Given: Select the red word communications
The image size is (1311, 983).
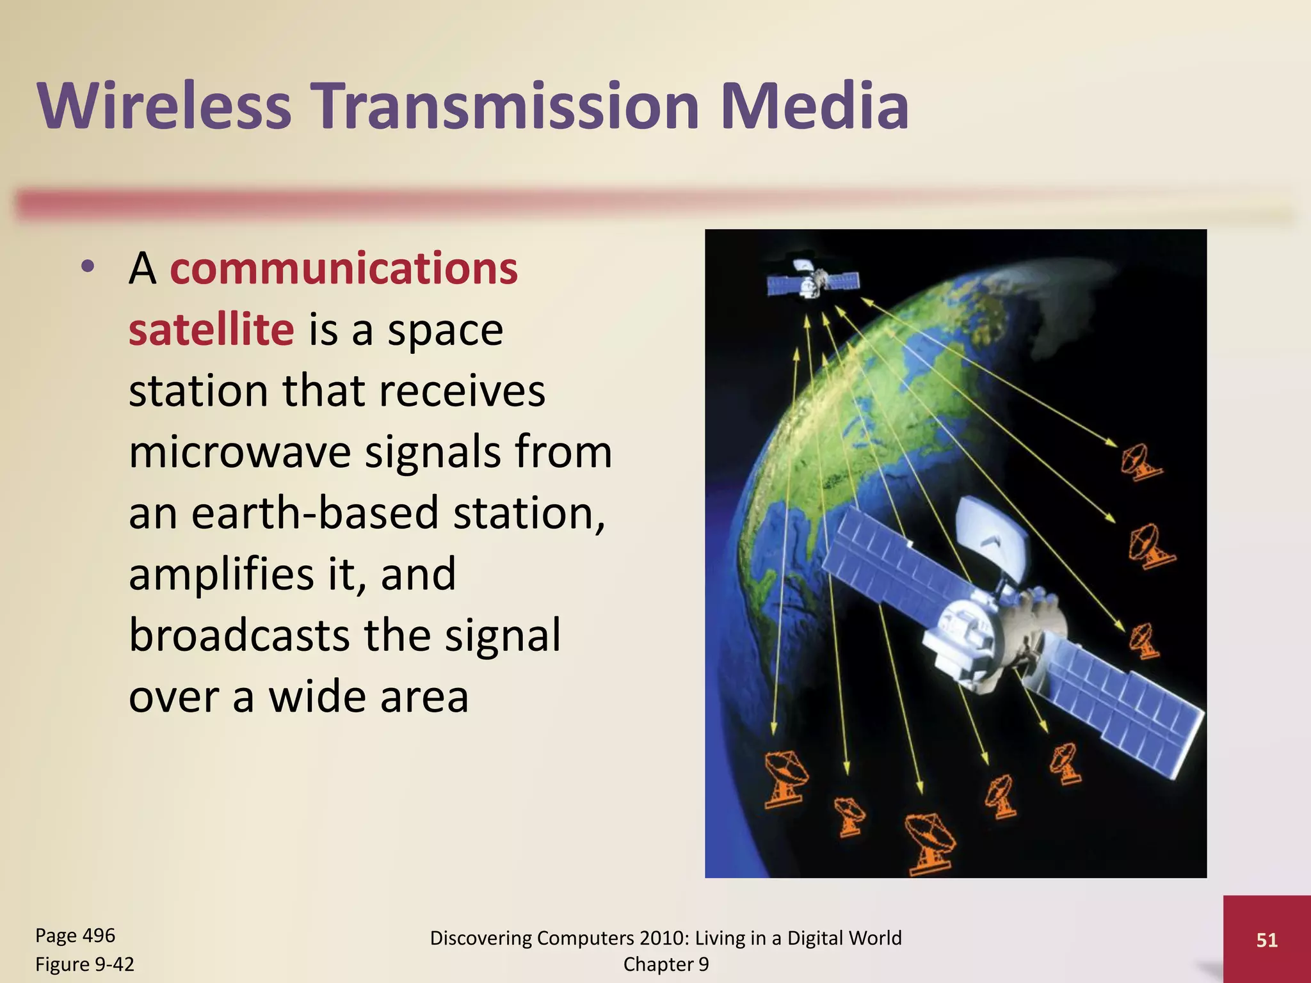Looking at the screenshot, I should (343, 269).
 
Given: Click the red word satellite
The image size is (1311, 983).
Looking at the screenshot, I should (211, 330).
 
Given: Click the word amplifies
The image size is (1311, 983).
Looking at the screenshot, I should (221, 574).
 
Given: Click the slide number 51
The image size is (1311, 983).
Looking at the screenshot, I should (1267, 939).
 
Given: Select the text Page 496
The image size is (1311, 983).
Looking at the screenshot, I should (75, 936).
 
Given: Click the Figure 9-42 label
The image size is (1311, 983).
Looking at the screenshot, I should (84, 964).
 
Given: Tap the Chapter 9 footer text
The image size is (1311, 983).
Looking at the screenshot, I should (666, 964).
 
